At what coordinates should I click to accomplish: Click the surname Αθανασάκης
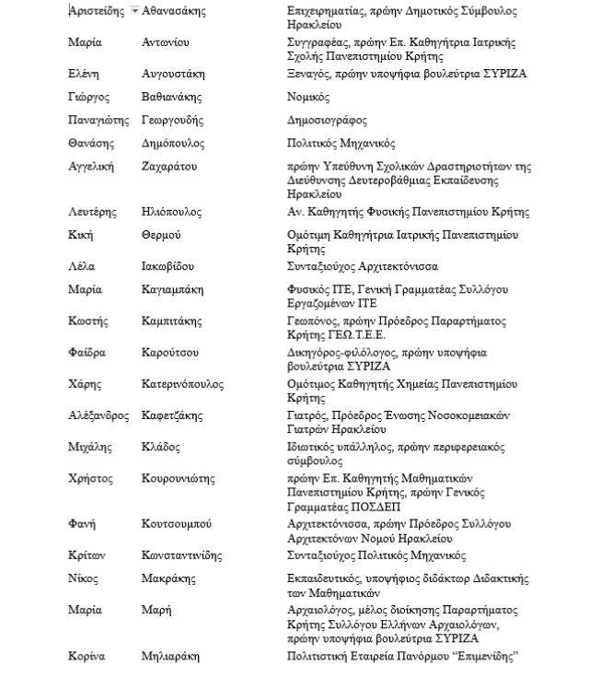point(174,12)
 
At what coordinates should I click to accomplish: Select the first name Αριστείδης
point(98,12)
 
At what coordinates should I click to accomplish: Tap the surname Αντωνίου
point(166,43)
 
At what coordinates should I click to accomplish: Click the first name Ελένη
point(83,75)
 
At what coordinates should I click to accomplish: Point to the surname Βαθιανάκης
point(172,98)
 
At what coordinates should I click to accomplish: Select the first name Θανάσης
point(90,144)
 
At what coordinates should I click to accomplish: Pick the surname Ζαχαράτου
point(169,167)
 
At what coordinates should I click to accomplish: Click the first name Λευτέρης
point(92,213)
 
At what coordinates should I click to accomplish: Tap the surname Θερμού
point(161,236)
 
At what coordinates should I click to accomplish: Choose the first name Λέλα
point(81,267)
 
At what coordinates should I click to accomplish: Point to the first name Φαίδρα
point(87,353)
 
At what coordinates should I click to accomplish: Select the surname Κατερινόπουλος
point(182,384)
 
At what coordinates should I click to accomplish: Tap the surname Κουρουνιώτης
point(179,479)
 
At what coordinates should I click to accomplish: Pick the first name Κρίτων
point(87,556)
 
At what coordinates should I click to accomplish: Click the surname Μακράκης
point(168,579)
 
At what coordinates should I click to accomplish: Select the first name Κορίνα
point(87,657)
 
